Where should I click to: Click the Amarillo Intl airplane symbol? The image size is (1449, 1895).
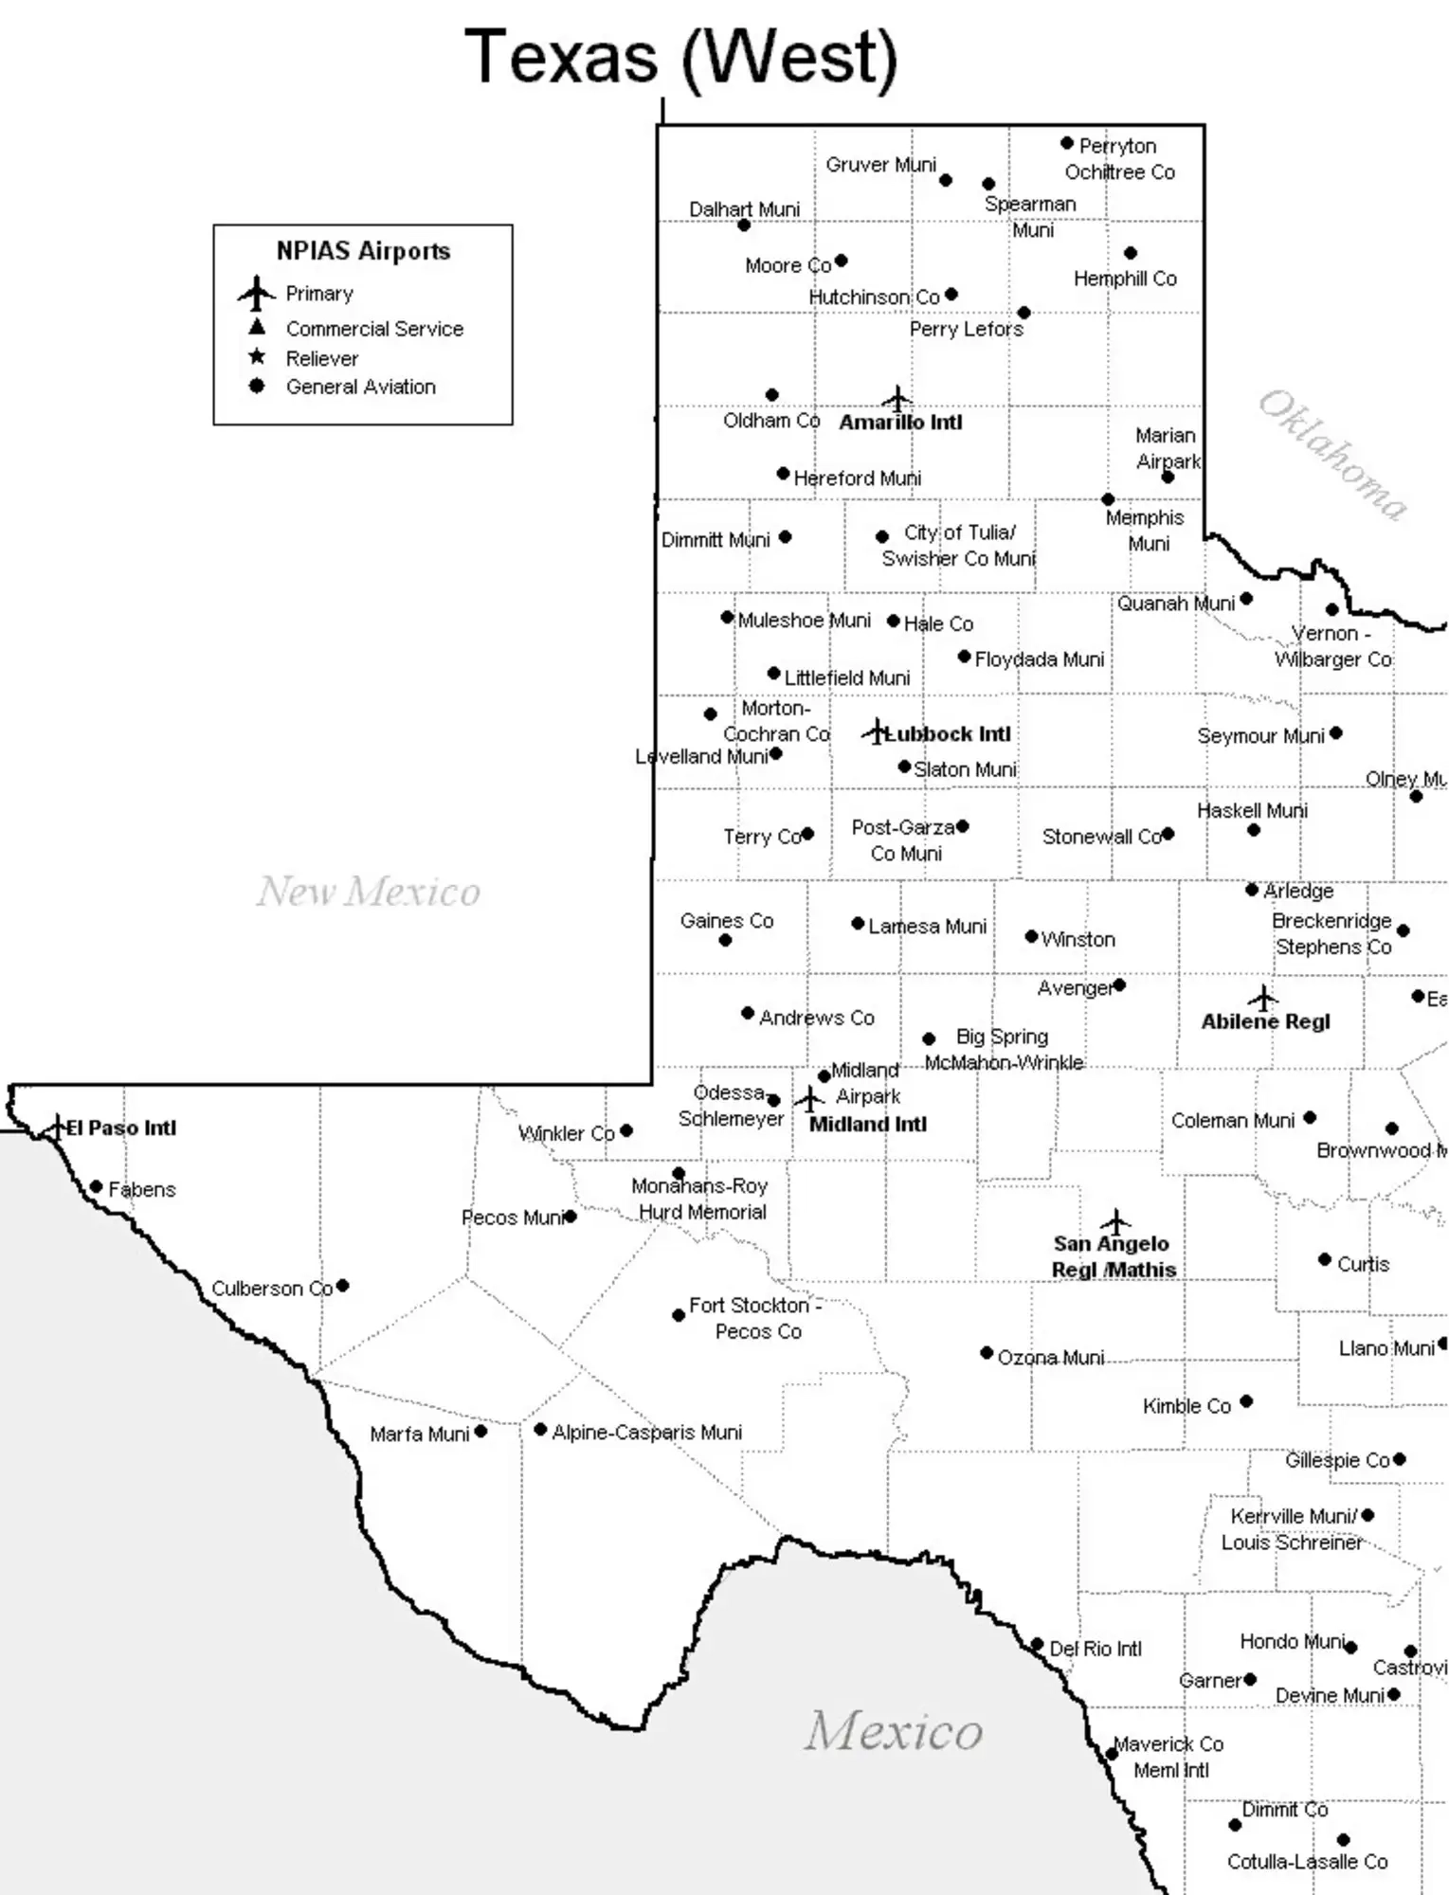click(x=897, y=398)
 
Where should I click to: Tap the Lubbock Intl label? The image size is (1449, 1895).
click(x=948, y=734)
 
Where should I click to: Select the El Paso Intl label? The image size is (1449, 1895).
click(x=121, y=1128)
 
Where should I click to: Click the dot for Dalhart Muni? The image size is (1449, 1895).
click(x=744, y=225)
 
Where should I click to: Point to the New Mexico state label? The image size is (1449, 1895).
click(x=369, y=892)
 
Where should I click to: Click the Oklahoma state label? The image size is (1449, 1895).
click(x=1331, y=455)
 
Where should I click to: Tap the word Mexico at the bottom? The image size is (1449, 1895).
click(x=894, y=1731)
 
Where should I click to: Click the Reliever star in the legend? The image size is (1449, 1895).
click(x=256, y=357)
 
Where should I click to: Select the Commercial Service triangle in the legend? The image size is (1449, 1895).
click(x=256, y=327)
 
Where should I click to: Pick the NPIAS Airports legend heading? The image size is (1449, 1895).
click(x=363, y=251)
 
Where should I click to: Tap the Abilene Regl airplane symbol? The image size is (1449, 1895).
click(x=1262, y=998)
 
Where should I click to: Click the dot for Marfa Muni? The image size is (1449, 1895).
click(x=480, y=1432)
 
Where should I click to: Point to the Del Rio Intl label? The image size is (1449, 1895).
click(x=1096, y=1649)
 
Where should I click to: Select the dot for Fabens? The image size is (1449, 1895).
click(x=96, y=1186)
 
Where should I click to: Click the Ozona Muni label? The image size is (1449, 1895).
click(x=1050, y=1358)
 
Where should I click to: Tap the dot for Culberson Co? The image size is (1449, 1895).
click(x=343, y=1286)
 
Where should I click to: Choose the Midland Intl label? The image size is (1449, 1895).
click(x=867, y=1124)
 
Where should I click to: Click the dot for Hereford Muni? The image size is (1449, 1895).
click(x=783, y=473)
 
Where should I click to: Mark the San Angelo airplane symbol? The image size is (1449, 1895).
click(x=1115, y=1220)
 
